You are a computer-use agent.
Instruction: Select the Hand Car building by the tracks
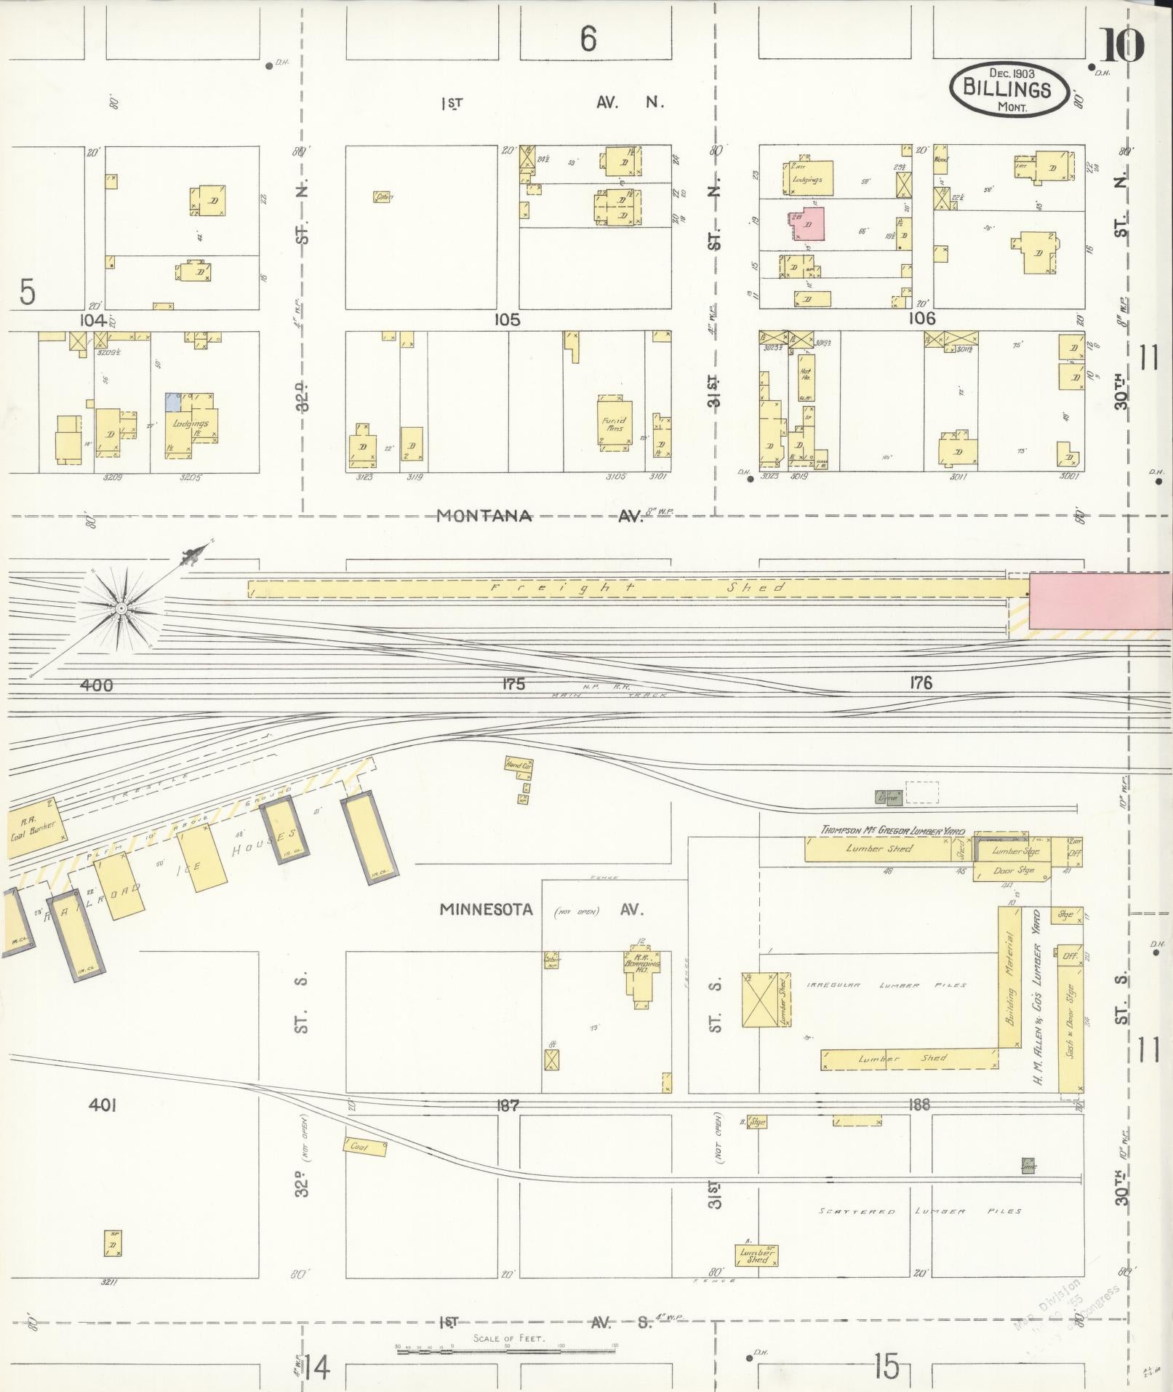[x=519, y=764]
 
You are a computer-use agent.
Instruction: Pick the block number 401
[x=103, y=1105]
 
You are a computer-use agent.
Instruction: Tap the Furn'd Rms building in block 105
[x=614, y=423]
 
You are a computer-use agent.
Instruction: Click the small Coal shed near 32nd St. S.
[x=364, y=1147]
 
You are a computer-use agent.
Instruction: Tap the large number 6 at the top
[x=588, y=39]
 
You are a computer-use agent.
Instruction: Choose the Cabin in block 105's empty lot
[x=383, y=196]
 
